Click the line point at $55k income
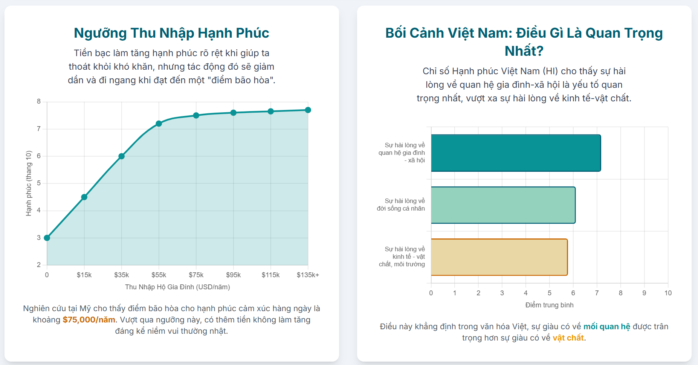coord(159,124)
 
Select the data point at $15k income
coord(84,197)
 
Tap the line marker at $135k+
coord(308,110)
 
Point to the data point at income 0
coord(47,238)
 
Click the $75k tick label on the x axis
coord(196,275)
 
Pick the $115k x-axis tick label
coord(270,275)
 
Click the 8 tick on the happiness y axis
coord(39,101)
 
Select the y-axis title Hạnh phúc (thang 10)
coord(29,183)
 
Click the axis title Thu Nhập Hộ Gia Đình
coord(177,287)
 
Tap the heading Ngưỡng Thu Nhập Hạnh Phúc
coord(171,33)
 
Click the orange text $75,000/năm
coord(89,320)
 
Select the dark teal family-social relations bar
coord(516,153)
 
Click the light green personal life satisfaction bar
coord(503,205)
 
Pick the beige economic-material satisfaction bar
coord(499,257)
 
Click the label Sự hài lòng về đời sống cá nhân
coord(401,205)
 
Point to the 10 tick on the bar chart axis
coord(668,293)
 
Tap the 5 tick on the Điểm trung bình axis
coord(549,293)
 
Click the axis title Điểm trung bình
coord(549,305)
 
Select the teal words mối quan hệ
coord(606,327)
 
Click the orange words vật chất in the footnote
coord(568,338)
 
